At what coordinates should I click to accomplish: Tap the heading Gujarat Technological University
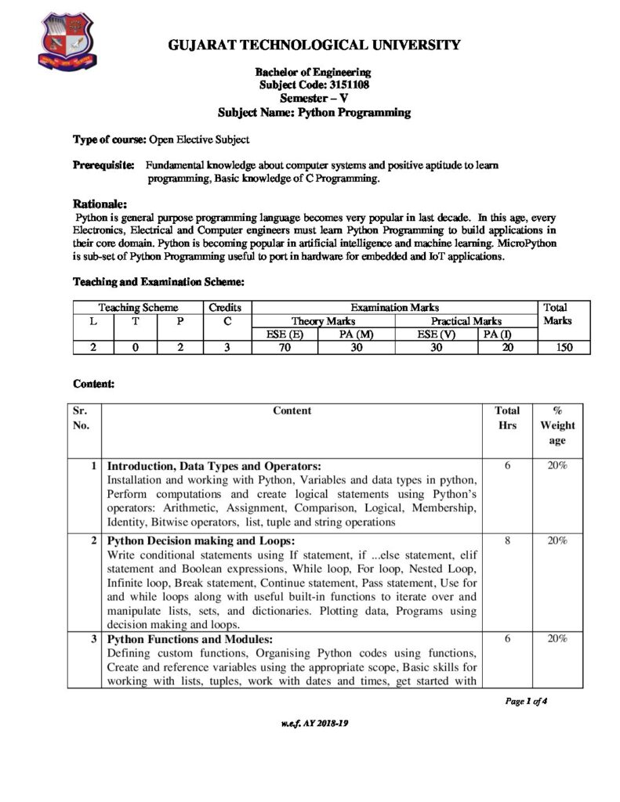click(314, 45)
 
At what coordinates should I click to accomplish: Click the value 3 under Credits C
click(224, 348)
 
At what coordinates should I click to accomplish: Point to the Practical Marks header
click(466, 321)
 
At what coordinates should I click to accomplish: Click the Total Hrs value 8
click(508, 540)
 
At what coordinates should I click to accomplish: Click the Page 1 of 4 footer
click(526, 701)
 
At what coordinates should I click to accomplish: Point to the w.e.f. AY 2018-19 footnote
click(314, 724)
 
